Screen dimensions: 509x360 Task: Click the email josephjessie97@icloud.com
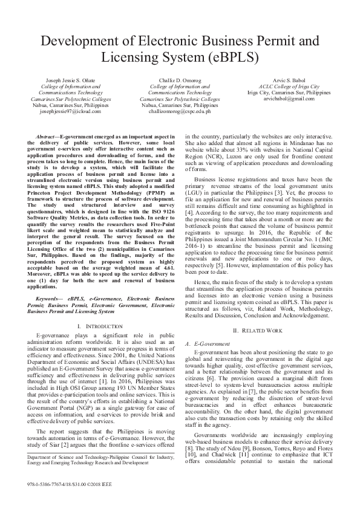click(71, 111)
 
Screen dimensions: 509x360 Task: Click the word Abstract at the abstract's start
click(47, 138)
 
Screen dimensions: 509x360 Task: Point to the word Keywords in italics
click(50, 299)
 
